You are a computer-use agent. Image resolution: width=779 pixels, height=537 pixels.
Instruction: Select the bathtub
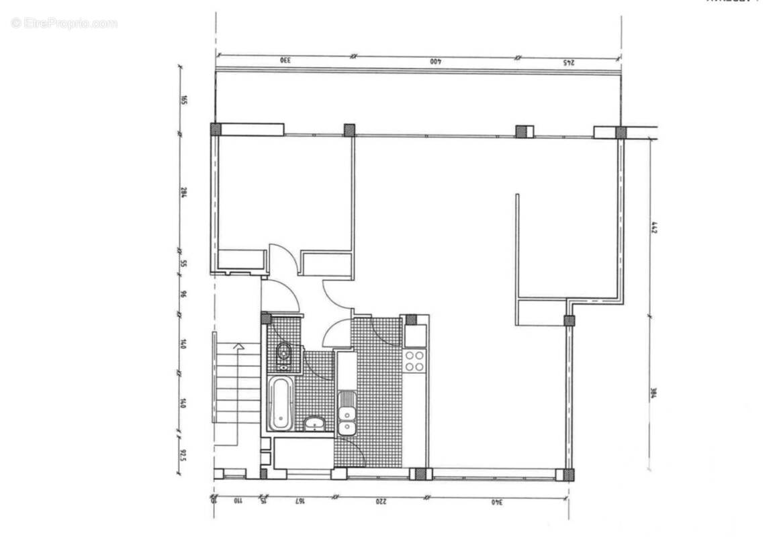click(280, 403)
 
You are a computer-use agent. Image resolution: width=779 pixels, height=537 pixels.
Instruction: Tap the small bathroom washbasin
click(314, 424)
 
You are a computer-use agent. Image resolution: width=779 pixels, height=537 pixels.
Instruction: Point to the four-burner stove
click(414, 360)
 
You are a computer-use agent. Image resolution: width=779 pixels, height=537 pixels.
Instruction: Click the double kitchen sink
click(347, 413)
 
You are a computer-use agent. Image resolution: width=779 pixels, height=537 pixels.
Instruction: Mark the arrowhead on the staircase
click(237, 347)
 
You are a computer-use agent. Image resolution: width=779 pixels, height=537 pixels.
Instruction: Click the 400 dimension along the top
click(435, 62)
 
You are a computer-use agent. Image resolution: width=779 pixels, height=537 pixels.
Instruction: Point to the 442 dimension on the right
click(653, 228)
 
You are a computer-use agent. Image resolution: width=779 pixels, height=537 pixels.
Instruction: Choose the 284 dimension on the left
click(183, 193)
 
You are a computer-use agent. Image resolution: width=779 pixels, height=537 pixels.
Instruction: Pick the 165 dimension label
click(183, 101)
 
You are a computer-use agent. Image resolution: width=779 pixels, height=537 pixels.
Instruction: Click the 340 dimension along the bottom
click(497, 501)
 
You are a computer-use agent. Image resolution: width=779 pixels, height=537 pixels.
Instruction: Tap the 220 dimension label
click(381, 501)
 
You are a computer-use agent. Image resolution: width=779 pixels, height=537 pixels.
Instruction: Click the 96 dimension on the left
click(183, 294)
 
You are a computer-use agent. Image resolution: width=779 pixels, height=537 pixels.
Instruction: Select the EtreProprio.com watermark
click(64, 23)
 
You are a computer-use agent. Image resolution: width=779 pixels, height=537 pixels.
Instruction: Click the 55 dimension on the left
click(183, 263)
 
